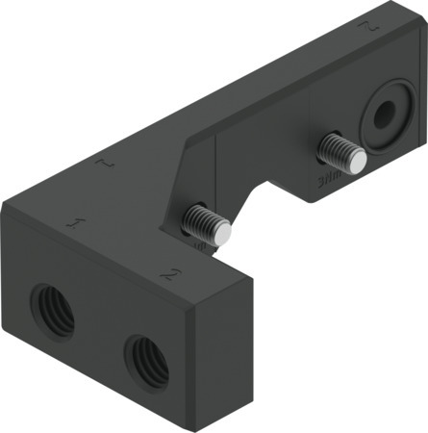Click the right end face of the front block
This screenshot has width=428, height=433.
(222, 346)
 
